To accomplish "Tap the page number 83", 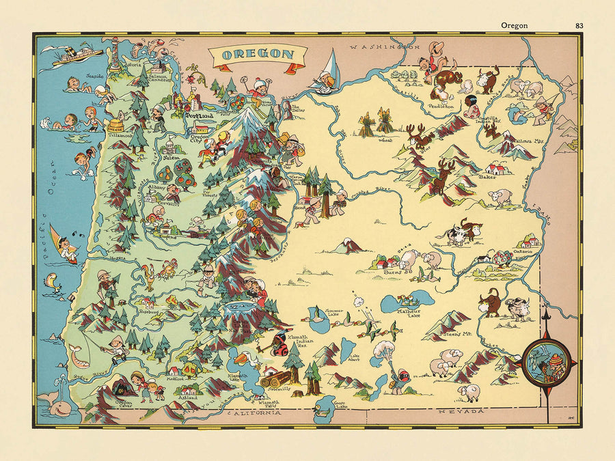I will coord(579,26).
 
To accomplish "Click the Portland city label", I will coord(200,117).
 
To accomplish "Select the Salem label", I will coord(168,156).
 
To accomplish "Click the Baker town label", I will coord(487,176).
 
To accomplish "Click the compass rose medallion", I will coord(547,360).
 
